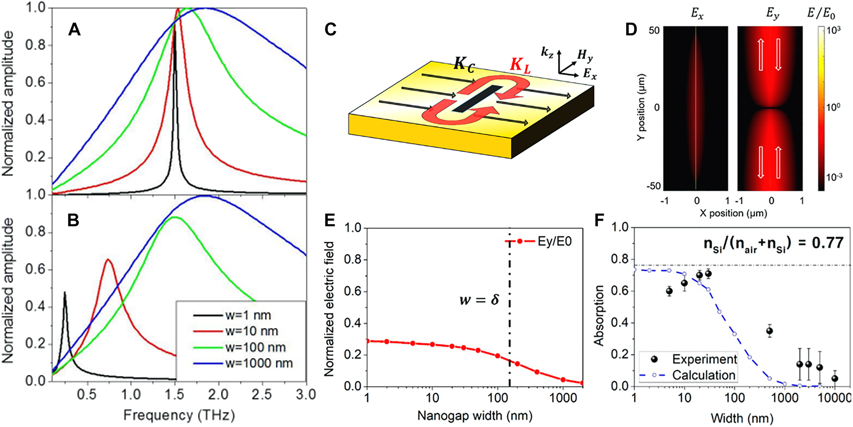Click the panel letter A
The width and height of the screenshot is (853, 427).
[x=74, y=30]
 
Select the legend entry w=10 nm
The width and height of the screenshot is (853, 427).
[x=252, y=331]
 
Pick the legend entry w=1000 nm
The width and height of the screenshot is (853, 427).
[x=259, y=363]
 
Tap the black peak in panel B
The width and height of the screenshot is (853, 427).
[x=65, y=293]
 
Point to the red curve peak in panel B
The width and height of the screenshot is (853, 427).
[x=108, y=259]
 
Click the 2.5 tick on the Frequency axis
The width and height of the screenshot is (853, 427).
[x=262, y=394]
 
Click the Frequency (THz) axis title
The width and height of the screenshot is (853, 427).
[x=179, y=415]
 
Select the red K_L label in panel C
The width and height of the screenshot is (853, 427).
[x=520, y=65]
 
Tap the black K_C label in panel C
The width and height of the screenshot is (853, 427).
[x=464, y=64]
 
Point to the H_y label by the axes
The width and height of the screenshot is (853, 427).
[x=585, y=55]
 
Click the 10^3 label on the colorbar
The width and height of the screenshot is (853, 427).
[x=833, y=30]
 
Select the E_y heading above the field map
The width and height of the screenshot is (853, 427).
[x=773, y=14]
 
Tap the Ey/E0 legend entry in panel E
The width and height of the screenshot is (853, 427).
[x=554, y=241]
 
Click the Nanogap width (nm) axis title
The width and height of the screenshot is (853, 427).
[x=475, y=415]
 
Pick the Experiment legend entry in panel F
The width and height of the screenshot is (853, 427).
[x=704, y=359]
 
